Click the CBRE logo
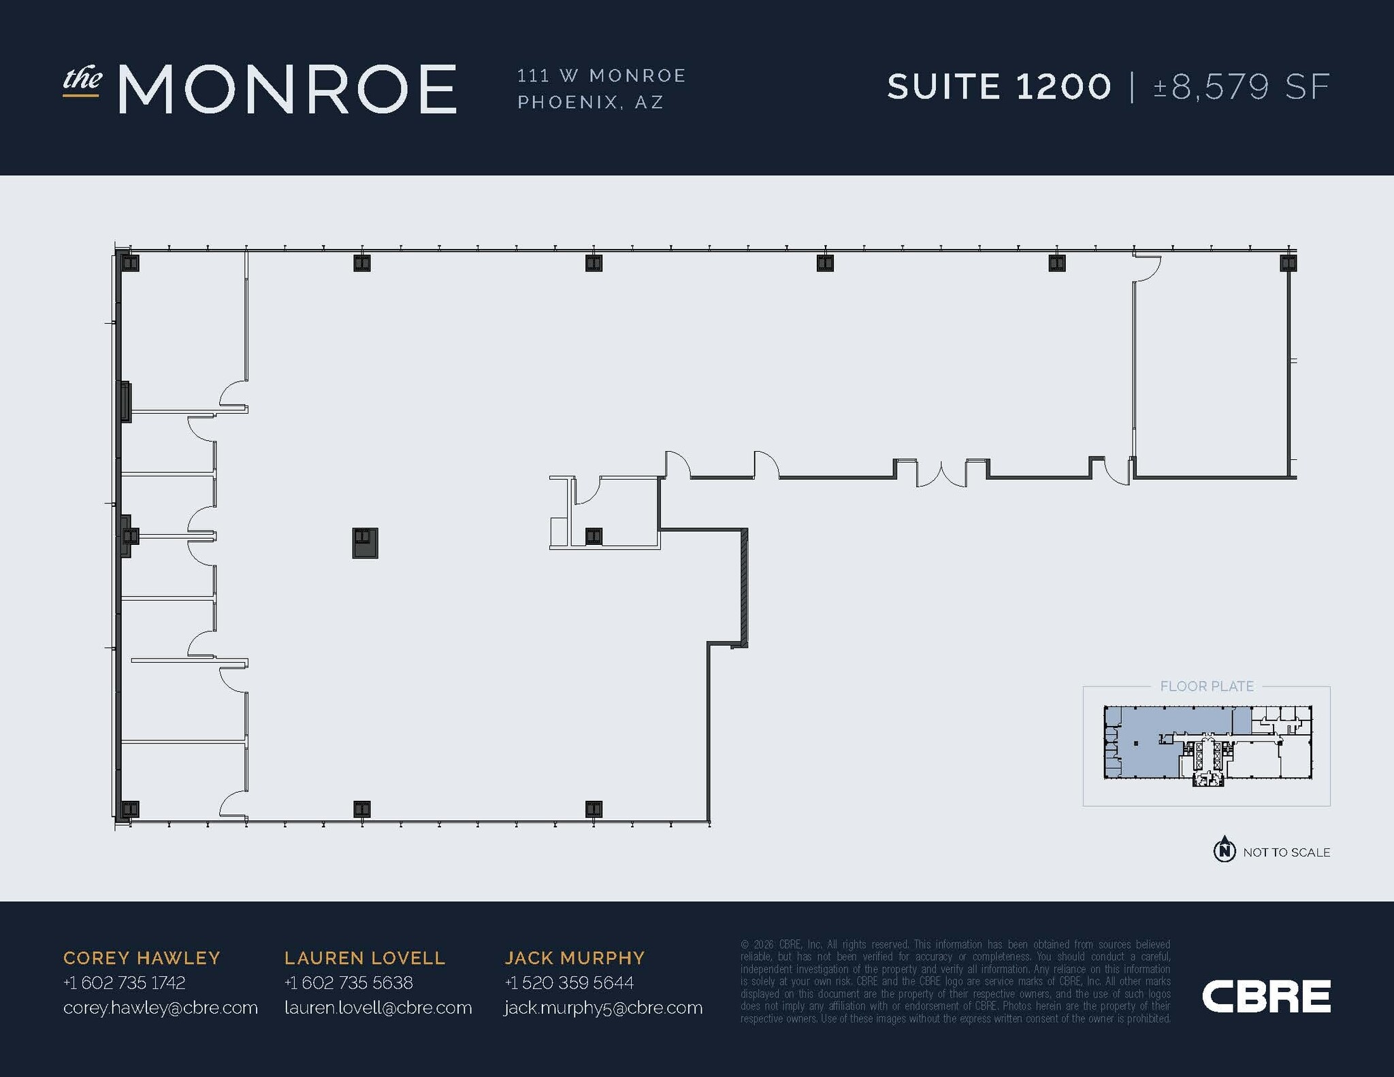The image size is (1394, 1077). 1266,996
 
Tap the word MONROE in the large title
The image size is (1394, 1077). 287,88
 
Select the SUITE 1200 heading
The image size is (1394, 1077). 999,87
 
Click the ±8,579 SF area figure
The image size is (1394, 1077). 1242,87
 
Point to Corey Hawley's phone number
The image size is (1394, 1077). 124,982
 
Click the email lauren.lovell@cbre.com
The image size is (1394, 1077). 378,1008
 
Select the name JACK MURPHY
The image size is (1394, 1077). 574,958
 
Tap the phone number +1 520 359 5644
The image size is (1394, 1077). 569,982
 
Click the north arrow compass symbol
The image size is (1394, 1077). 1225,850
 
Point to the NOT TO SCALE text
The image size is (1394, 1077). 1286,852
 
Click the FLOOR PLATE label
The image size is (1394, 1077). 1207,686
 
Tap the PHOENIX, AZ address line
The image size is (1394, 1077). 590,102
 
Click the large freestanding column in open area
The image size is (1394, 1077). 365,543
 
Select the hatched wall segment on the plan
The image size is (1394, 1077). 744,588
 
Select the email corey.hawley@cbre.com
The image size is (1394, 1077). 161,1008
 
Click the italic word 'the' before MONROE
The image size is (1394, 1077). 82,79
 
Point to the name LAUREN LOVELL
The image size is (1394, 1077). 365,958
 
